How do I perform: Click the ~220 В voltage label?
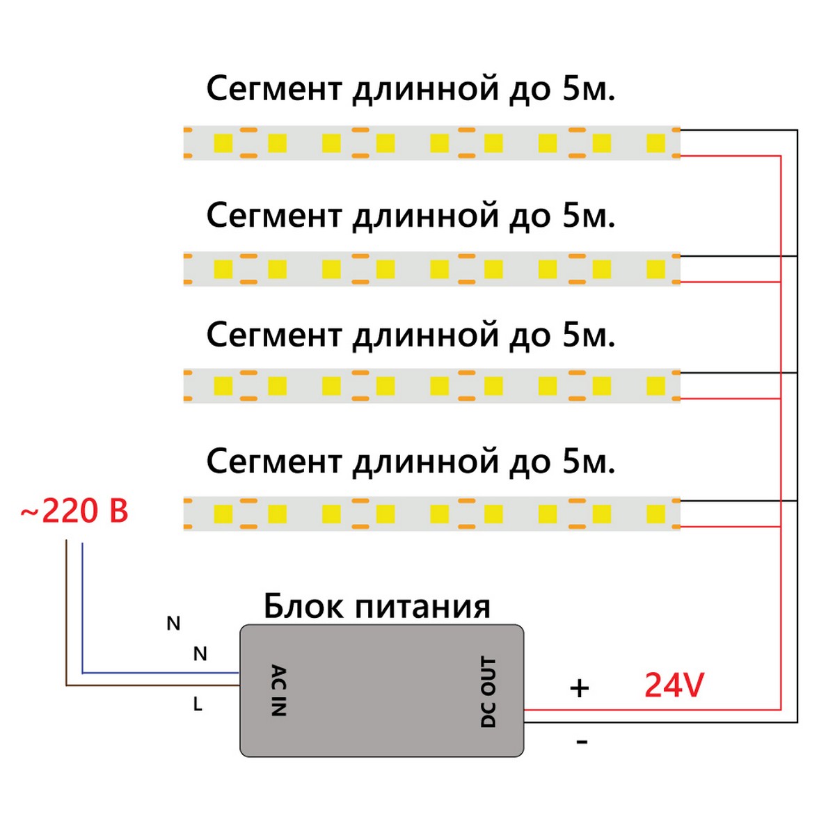pyautogui.click(x=75, y=511)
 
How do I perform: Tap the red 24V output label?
pyautogui.click(x=674, y=685)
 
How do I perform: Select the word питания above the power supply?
pyautogui.click(x=423, y=607)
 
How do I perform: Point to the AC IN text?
pyautogui.click(x=278, y=690)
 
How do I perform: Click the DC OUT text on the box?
pyautogui.click(x=488, y=692)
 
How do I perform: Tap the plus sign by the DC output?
pyautogui.click(x=579, y=688)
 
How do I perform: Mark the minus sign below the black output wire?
pyautogui.click(x=582, y=742)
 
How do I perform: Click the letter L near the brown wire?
pyautogui.click(x=198, y=705)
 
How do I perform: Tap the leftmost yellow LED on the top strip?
pyautogui.click(x=223, y=143)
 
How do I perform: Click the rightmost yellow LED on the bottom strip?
pyautogui.click(x=655, y=514)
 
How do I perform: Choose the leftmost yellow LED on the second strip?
pyautogui.click(x=223, y=269)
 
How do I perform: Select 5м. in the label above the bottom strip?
pyautogui.click(x=589, y=461)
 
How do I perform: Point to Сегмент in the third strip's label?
pyautogui.click(x=275, y=335)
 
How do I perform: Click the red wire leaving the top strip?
pyautogui.click(x=731, y=156)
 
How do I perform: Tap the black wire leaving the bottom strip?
pyautogui.click(x=738, y=500)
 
